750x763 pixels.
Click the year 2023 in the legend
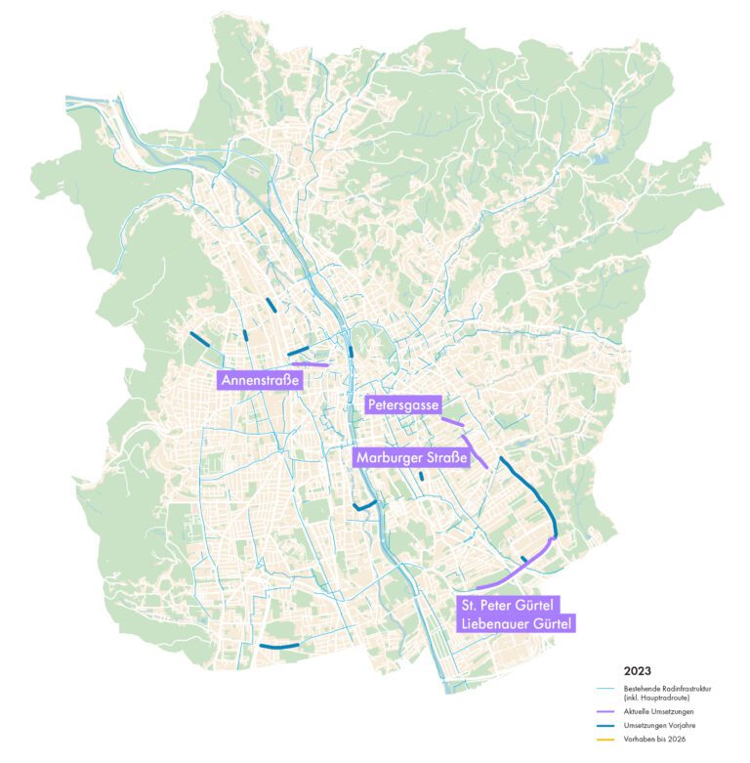click(638, 671)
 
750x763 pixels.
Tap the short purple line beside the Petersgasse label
click(452, 422)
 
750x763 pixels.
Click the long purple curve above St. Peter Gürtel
click(518, 571)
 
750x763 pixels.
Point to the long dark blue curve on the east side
click(535, 493)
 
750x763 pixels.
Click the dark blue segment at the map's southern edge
click(278, 647)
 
